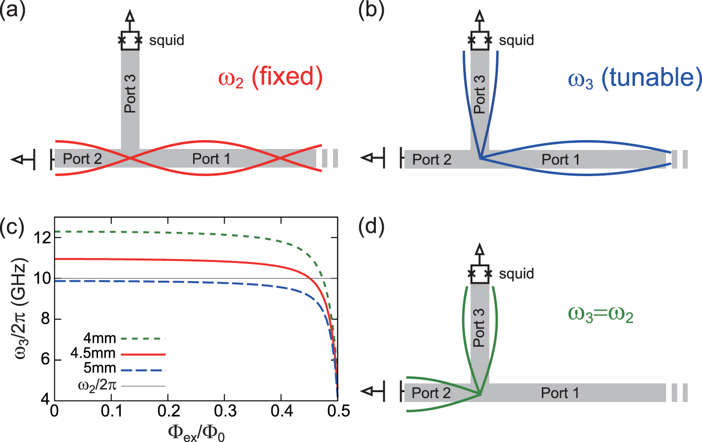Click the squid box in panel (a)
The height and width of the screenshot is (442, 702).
click(130, 40)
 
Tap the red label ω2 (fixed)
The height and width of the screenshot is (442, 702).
click(270, 77)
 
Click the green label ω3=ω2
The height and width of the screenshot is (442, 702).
click(601, 314)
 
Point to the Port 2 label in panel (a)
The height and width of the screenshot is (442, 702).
click(82, 159)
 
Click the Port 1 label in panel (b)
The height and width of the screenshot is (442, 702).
click(561, 160)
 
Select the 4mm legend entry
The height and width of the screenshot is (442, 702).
click(100, 338)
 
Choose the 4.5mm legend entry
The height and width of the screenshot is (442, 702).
click(93, 353)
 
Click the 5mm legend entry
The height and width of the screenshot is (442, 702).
click(100, 368)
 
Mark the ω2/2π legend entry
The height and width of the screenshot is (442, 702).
click(97, 385)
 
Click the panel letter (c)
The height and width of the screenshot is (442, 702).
click(12, 228)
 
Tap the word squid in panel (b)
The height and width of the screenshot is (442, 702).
click(516, 40)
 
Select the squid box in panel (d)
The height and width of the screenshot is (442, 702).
click(480, 274)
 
